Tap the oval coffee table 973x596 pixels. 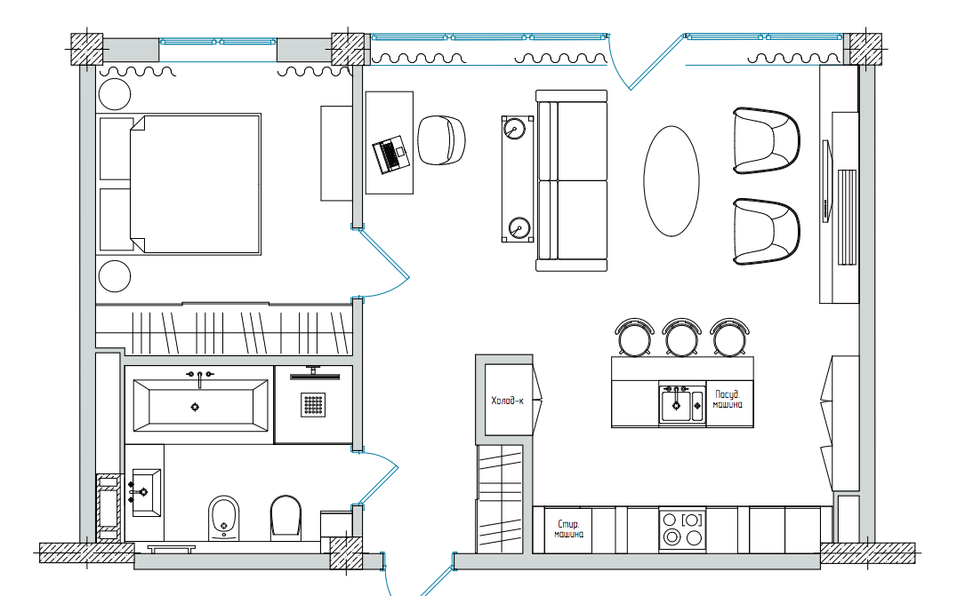(x=671, y=179)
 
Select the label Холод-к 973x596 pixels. (x=507, y=401)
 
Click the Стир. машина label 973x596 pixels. (x=568, y=529)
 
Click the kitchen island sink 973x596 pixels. (x=681, y=405)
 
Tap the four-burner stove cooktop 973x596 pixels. (x=681, y=529)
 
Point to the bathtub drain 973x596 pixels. (x=196, y=407)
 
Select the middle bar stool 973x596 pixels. (x=681, y=337)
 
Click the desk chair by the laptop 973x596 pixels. (x=442, y=140)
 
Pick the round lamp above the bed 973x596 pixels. (x=115, y=93)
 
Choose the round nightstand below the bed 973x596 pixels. (x=115, y=275)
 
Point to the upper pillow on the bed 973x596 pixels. (x=116, y=147)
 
